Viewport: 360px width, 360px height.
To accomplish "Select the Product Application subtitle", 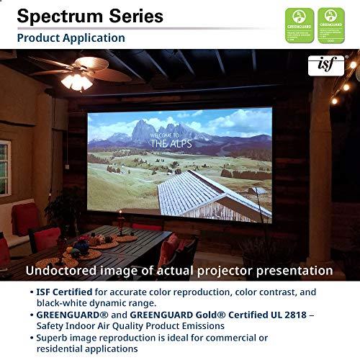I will [x=71, y=37].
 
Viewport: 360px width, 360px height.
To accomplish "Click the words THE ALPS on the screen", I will [x=167, y=143].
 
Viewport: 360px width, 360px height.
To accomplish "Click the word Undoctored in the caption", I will [x=63, y=271].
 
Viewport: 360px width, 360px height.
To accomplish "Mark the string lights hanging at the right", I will [x=342, y=83].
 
